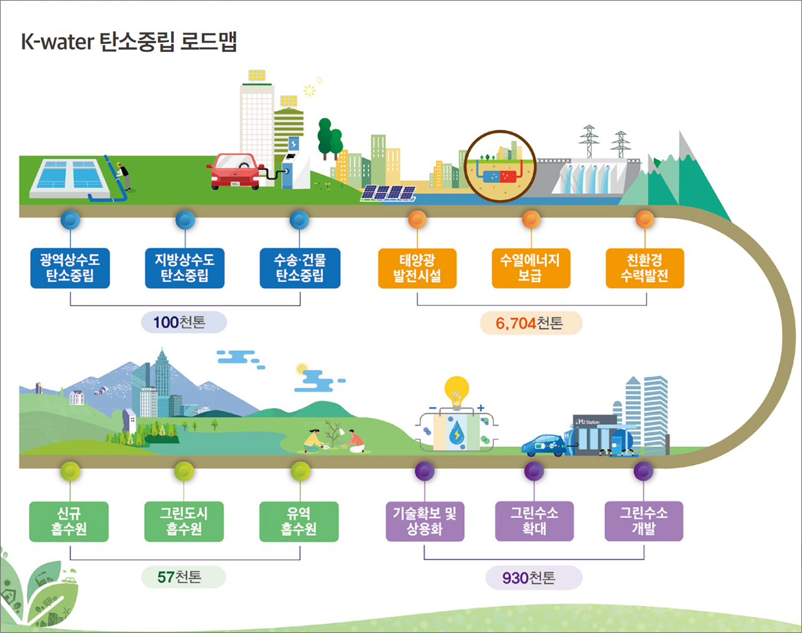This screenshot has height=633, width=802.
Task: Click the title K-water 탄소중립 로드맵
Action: point(128,41)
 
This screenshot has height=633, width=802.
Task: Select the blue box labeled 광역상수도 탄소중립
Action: point(70,268)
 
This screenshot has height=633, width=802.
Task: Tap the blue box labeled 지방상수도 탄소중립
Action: point(184,268)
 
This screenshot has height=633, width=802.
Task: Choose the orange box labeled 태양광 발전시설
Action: point(417,268)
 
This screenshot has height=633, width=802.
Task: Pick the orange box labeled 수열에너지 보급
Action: point(531,268)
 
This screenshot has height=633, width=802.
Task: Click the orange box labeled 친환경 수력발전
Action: point(645,268)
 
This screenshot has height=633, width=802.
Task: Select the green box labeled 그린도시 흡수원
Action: point(184,521)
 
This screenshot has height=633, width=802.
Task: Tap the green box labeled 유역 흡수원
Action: point(299,521)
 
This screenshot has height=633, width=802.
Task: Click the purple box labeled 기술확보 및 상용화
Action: point(425,521)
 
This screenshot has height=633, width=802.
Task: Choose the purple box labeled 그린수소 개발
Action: point(643,521)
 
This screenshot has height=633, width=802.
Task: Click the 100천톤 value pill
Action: point(184,322)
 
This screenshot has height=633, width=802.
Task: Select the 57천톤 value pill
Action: point(184,577)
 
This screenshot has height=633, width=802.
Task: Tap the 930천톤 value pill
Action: point(534,578)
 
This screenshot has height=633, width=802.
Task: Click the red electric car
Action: point(235,172)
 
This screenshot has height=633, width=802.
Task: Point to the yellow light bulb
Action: point(457,392)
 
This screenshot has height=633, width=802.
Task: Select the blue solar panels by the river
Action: point(388,193)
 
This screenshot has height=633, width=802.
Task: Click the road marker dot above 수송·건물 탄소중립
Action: point(299,220)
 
